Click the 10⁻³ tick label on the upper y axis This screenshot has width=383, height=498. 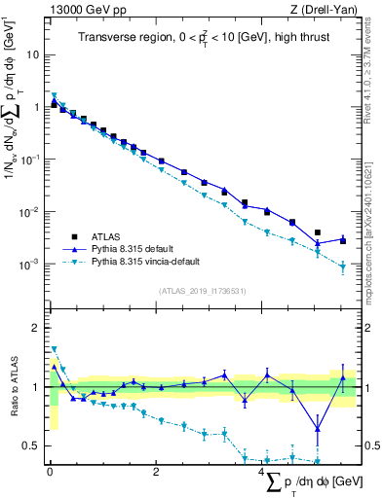[32, 265]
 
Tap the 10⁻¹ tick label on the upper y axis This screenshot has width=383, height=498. [32, 160]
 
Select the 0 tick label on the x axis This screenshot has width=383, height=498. [50, 472]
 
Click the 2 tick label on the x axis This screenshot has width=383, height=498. [156, 472]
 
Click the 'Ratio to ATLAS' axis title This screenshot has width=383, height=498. [12, 387]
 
